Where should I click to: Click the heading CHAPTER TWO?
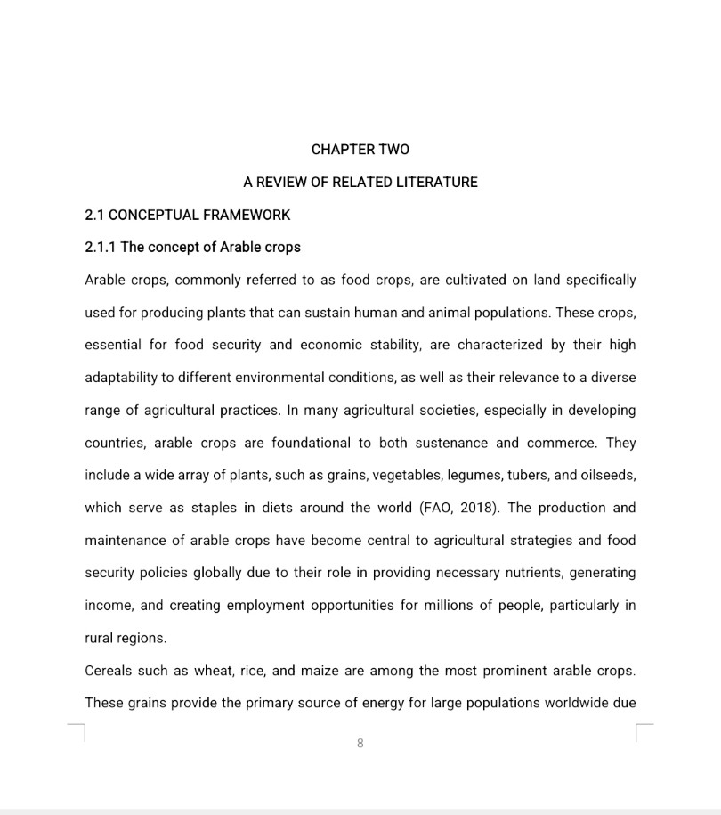point(360,149)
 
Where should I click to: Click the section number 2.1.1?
point(100,247)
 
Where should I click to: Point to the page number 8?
point(360,743)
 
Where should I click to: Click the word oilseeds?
point(606,475)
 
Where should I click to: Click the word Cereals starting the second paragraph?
point(109,670)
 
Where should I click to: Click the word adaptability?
point(120,377)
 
